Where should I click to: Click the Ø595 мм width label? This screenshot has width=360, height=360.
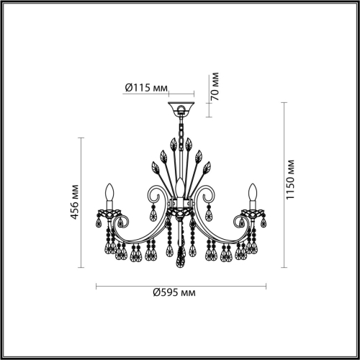(174, 294)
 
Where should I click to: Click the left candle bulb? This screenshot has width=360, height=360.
(109, 193)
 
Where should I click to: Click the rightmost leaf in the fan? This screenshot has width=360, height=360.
(206, 169)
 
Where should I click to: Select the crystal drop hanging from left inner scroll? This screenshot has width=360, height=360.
(152, 214)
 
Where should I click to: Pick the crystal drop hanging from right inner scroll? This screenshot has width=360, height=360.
(209, 214)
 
